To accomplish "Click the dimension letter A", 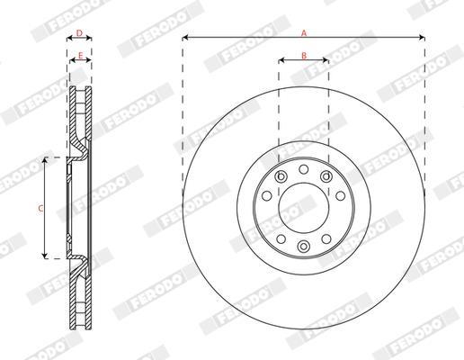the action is (304, 33).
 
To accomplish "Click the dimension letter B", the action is (304, 56).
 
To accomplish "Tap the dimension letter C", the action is (40, 208).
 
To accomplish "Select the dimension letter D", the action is (79, 33).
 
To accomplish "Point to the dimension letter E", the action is (80, 56).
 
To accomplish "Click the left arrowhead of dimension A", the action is (185, 38).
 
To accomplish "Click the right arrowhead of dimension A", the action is (422, 38).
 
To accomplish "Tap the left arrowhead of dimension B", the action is (281, 60).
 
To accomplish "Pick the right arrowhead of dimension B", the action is (326, 60).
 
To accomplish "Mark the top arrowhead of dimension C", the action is (45, 160).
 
